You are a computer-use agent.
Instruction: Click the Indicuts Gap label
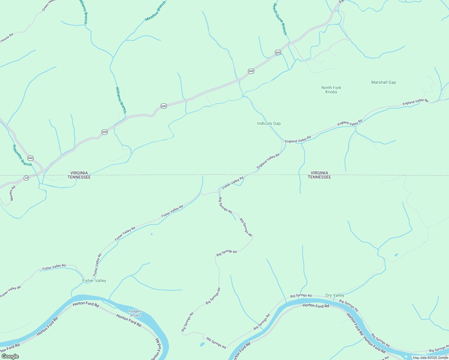click(x=269, y=123)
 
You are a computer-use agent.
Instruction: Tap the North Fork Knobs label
click(x=331, y=90)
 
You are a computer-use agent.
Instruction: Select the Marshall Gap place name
click(x=383, y=82)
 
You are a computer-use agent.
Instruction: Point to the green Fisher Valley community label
click(x=94, y=280)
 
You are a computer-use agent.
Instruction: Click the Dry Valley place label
click(x=335, y=295)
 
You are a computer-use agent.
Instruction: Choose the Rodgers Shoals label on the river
click(x=135, y=313)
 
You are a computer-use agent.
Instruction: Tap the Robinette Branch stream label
click(x=22, y=155)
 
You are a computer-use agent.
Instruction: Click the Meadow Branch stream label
click(x=155, y=11)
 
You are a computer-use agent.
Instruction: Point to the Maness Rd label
click(x=12, y=193)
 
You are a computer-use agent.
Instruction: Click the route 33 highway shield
click(x=26, y=178)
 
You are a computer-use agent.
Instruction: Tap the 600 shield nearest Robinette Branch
click(x=30, y=158)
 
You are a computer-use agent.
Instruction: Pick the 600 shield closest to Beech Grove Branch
click(x=278, y=52)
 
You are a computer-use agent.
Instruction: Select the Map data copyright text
click(x=430, y=358)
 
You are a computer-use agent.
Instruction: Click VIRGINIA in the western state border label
click(x=79, y=173)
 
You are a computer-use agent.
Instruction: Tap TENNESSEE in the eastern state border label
click(x=319, y=177)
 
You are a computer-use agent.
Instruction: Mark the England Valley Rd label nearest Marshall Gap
click(x=415, y=102)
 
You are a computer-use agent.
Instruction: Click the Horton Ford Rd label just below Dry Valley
click(x=316, y=305)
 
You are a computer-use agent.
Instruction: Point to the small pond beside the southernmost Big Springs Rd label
click(x=202, y=344)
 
